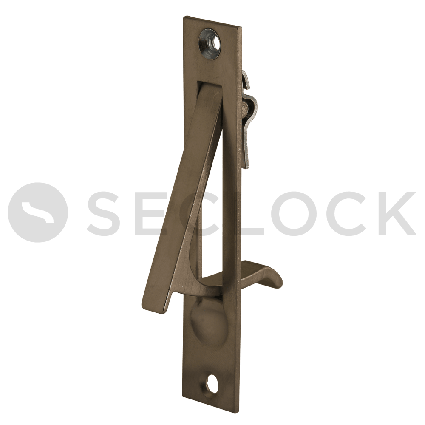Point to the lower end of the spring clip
point(247,166)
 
